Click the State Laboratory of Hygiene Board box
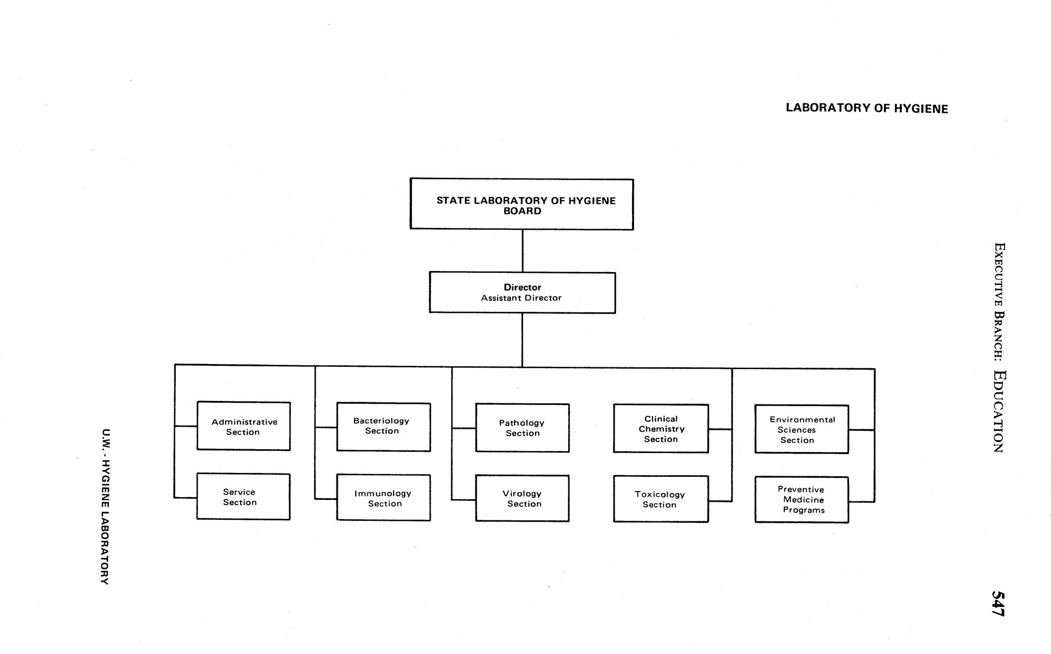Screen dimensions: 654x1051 pyautogui.click(x=521, y=204)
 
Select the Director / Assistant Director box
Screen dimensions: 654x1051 pyautogui.click(x=522, y=292)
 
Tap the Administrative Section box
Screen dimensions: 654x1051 pyautogui.click(x=244, y=426)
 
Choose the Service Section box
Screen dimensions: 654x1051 pyautogui.click(x=243, y=496)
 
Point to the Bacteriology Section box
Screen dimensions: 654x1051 pyautogui.click(x=383, y=427)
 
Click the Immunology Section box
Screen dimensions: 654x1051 pyautogui.click(x=383, y=498)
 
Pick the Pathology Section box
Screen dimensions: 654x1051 pyautogui.click(x=522, y=427)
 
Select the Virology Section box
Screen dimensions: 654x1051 pyautogui.click(x=522, y=498)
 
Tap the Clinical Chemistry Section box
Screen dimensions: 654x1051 pyautogui.click(x=661, y=428)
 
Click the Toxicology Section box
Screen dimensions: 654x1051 pyautogui.click(x=661, y=499)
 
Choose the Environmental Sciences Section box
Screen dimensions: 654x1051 pyautogui.click(x=801, y=429)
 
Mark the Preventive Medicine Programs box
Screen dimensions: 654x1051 pyautogui.click(x=801, y=500)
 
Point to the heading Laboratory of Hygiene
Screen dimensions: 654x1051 pyautogui.click(x=867, y=108)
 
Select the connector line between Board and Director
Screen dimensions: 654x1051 pyautogui.click(x=522, y=251)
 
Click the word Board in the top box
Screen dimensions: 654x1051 pyautogui.click(x=522, y=211)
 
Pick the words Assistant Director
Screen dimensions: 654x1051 pyautogui.click(x=521, y=298)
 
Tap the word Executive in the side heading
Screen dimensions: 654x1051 pyautogui.click(x=999, y=275)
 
